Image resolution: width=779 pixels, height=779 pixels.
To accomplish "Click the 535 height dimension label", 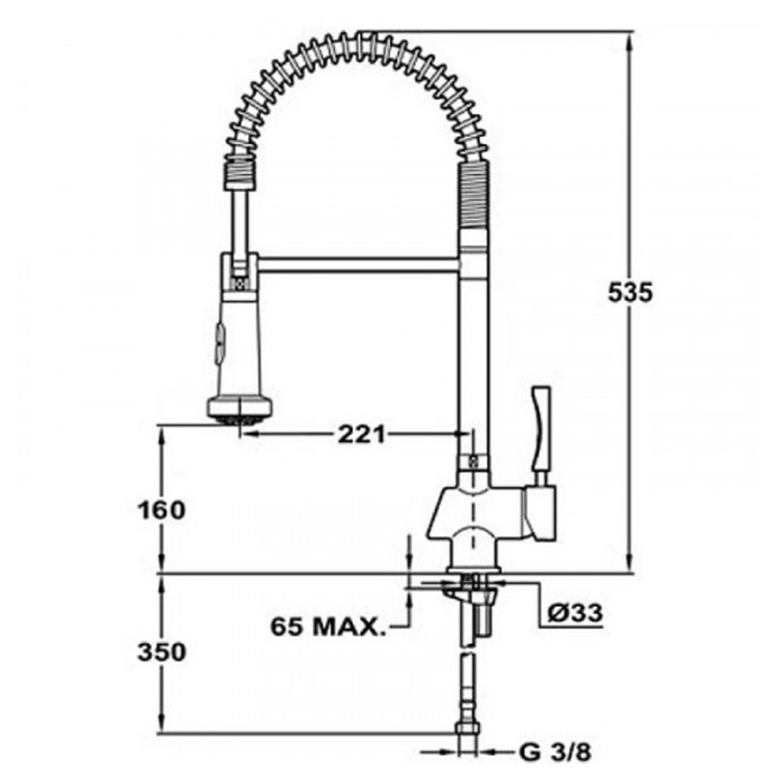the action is (x=629, y=293).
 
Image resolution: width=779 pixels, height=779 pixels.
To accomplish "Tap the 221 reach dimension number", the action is (x=362, y=435).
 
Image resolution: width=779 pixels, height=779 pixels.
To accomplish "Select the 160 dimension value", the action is (x=161, y=510).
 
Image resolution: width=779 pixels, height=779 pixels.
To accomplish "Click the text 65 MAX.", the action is (x=328, y=627).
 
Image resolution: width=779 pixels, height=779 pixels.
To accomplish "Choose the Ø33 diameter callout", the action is (x=576, y=612).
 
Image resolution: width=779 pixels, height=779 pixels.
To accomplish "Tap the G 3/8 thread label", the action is (x=556, y=753).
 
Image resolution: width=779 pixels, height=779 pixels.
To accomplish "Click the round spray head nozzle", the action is (x=240, y=410).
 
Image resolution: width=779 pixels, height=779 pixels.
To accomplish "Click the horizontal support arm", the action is (x=357, y=265).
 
